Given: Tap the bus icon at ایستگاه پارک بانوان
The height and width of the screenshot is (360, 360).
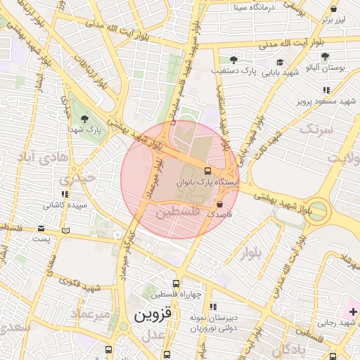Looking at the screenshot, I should [x=207, y=171].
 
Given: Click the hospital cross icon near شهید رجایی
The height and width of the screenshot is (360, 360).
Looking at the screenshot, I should [x=352, y=311].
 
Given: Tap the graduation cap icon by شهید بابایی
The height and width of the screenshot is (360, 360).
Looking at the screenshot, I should [x=279, y=63].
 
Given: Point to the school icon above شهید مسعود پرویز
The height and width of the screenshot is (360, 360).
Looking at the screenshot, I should [x=326, y=90].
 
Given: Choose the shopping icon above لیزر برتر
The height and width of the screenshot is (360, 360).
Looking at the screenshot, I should [x=333, y=9].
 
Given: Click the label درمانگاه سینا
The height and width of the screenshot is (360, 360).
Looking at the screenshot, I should [x=251, y=8].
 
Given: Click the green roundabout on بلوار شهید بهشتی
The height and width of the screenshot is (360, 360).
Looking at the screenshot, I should [x=317, y=210].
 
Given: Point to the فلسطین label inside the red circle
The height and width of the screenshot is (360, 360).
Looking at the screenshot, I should [x=177, y=211].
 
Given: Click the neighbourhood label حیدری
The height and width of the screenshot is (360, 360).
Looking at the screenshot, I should [x=78, y=179].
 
